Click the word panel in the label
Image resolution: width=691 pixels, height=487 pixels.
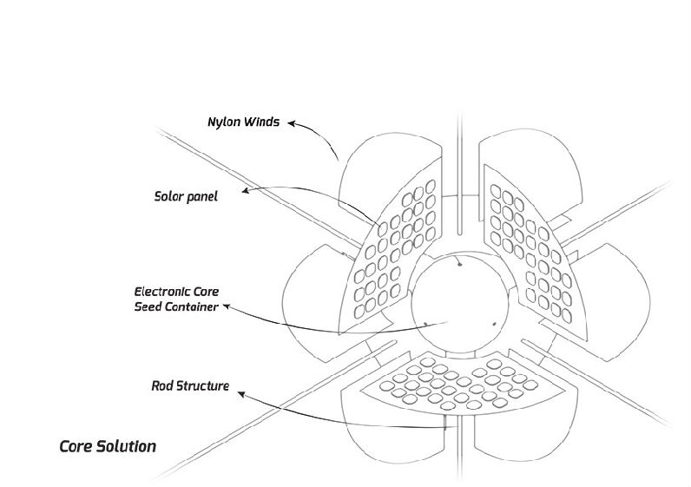tap(202, 197)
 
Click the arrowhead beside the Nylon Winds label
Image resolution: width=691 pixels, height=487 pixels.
tap(293, 124)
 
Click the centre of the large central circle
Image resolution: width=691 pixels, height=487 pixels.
tap(459, 304)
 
